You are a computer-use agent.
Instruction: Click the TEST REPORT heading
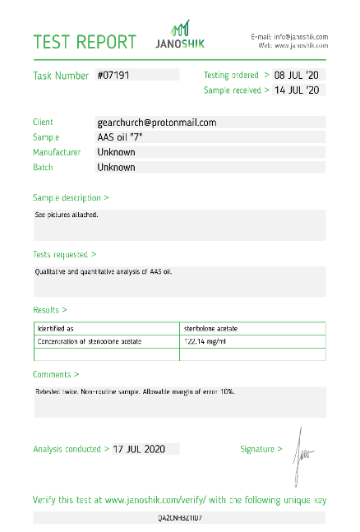click(x=84, y=42)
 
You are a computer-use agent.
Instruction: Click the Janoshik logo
click(x=180, y=37)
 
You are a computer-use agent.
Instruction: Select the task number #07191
click(x=113, y=75)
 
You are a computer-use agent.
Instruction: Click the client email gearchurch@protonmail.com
click(x=156, y=123)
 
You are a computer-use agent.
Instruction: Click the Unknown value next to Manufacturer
click(x=116, y=152)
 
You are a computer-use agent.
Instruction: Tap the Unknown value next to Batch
click(x=116, y=168)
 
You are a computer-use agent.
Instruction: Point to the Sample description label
click(x=71, y=198)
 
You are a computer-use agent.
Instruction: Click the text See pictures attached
click(x=67, y=215)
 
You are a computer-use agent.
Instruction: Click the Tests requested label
click(x=64, y=255)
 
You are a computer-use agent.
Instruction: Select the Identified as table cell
click(x=58, y=328)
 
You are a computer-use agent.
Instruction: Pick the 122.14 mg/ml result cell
click(x=205, y=341)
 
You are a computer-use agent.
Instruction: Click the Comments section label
click(x=56, y=374)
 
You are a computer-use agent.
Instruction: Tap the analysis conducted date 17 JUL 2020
click(x=140, y=449)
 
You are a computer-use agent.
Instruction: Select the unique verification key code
click(x=179, y=518)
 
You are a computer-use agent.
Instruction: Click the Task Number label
click(x=61, y=76)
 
